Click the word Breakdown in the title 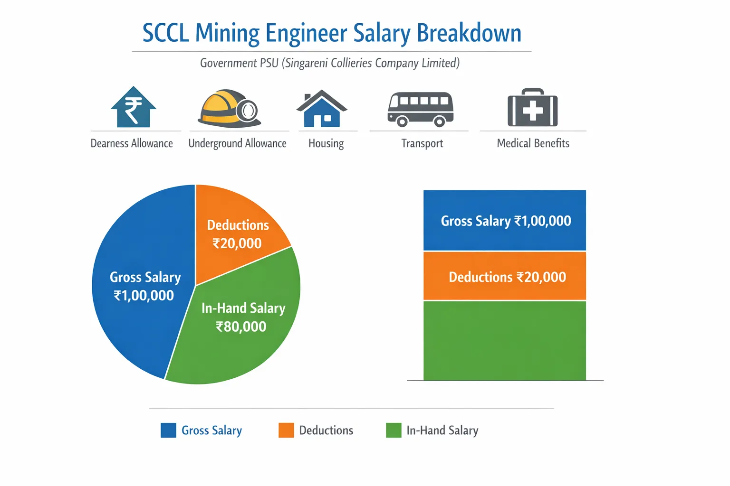pyautogui.click(x=469, y=33)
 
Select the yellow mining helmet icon pyautogui.click(x=229, y=109)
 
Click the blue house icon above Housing pyautogui.click(x=322, y=109)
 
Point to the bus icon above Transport pyautogui.click(x=420, y=109)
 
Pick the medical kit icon pyautogui.click(x=532, y=108)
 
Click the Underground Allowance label pyautogui.click(x=237, y=143)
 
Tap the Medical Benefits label pyautogui.click(x=533, y=143)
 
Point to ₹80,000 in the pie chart pyautogui.click(x=241, y=327)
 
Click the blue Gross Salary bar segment pyautogui.click(x=504, y=220)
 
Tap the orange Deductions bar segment pyautogui.click(x=504, y=276)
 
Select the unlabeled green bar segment pyautogui.click(x=504, y=340)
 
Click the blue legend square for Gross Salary pyautogui.click(x=168, y=430)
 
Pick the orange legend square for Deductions pyautogui.click(x=286, y=430)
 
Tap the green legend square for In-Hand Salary pyautogui.click(x=394, y=430)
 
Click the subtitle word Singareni pyautogui.click(x=308, y=63)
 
